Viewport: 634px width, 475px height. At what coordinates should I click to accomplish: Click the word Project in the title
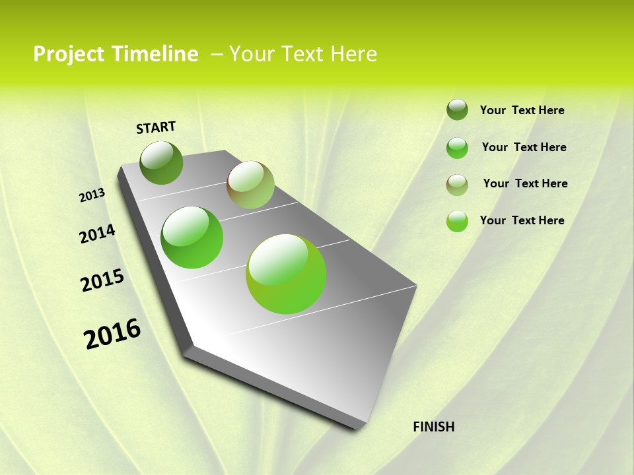[x=69, y=54]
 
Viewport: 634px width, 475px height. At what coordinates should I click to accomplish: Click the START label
[x=156, y=127]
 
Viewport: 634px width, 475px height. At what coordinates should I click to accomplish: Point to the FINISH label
[x=433, y=427]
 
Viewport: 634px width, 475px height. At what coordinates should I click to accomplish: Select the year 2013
[x=92, y=195]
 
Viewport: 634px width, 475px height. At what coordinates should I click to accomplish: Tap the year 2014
[x=98, y=234]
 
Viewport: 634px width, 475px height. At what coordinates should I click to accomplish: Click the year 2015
[x=102, y=281]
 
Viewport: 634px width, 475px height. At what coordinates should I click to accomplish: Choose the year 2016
[x=112, y=334]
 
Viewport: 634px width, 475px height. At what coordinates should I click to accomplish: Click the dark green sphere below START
[x=161, y=163]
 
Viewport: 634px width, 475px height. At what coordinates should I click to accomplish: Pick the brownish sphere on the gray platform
[x=250, y=185]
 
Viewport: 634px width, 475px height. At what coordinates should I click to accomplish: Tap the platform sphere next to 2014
[x=192, y=237]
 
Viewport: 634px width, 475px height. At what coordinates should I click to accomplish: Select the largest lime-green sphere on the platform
[x=286, y=274]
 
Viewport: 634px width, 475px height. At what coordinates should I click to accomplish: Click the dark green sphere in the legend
[x=457, y=110]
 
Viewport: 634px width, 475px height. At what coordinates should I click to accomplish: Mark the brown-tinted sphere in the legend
[x=457, y=185]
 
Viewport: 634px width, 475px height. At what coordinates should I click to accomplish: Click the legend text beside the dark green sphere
[x=522, y=111]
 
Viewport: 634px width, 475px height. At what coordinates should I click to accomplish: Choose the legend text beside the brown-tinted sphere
[x=525, y=183]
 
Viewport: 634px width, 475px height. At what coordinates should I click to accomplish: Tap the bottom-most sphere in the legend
[x=457, y=221]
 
